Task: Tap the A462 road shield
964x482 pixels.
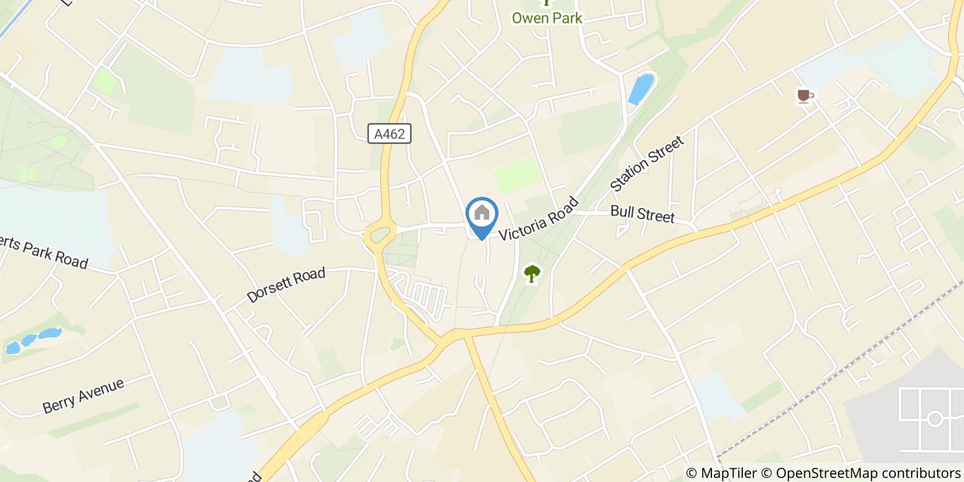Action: click(x=389, y=134)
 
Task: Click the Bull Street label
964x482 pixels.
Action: click(x=642, y=214)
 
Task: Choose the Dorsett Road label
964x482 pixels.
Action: click(x=286, y=285)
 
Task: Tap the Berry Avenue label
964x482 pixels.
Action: click(x=83, y=395)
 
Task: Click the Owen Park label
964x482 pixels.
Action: click(x=547, y=18)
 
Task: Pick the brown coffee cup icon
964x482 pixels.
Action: click(x=804, y=96)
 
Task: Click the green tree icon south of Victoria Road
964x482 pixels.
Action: click(x=532, y=274)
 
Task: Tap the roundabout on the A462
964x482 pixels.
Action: click(x=380, y=237)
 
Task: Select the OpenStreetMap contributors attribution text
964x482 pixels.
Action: click(x=868, y=473)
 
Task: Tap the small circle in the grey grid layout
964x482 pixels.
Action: click(x=934, y=418)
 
